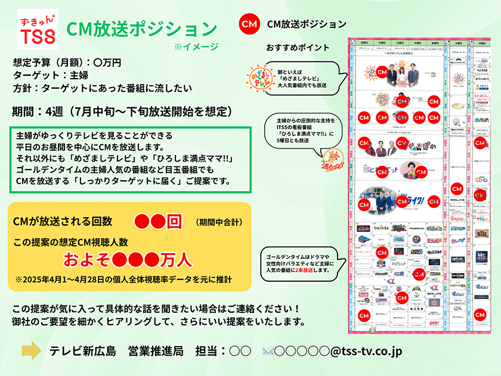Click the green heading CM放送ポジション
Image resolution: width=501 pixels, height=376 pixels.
[141, 29]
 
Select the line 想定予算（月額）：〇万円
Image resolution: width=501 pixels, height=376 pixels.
[67, 62]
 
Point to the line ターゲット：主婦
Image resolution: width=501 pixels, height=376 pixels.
[46, 75]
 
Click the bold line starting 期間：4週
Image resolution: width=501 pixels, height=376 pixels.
[121, 112]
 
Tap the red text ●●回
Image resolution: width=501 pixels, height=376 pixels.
[157, 221]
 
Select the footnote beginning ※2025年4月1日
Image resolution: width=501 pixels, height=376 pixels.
[122, 279]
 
